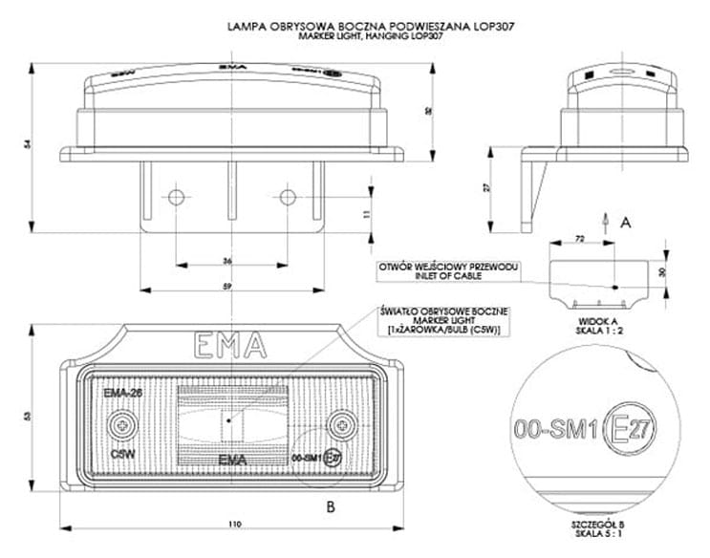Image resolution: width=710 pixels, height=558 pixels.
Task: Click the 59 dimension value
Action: click(226, 286)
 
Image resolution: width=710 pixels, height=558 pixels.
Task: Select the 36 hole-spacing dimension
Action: click(226, 261)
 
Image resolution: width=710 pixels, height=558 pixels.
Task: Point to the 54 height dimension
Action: click(28, 143)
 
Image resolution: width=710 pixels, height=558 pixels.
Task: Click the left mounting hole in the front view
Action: click(175, 198)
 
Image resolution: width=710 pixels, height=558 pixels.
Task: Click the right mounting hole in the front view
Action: click(288, 198)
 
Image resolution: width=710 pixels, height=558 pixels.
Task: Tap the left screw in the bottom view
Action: click(122, 423)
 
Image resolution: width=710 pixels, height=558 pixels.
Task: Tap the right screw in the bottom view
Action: click(341, 423)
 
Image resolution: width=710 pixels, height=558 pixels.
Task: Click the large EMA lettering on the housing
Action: click(230, 345)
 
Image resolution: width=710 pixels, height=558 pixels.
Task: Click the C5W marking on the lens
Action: click(121, 454)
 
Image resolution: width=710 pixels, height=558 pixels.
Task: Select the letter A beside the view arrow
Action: click(627, 222)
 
